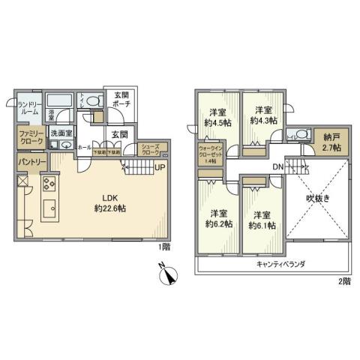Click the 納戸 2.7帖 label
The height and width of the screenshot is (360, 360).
tap(331, 142)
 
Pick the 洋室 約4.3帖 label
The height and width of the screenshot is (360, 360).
tap(263, 115)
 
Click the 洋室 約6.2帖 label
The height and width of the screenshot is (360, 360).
tap(219, 218)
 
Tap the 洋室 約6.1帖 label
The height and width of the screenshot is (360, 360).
tap(262, 218)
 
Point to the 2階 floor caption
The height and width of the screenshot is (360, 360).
tap(343, 280)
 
